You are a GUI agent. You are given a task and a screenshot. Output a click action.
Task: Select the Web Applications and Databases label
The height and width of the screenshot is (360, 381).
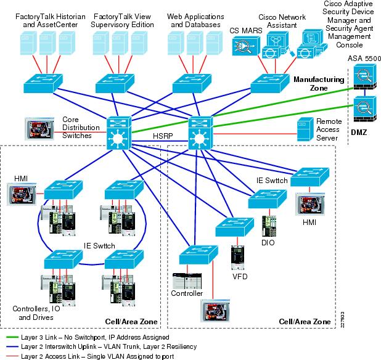click(194, 20)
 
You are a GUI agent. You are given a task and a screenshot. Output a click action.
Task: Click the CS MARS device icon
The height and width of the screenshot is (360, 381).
click(245, 46)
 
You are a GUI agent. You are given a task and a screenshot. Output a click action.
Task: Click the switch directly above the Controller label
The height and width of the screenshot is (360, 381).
click(190, 256)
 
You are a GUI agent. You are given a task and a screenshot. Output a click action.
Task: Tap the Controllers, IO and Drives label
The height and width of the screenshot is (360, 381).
click(34, 313)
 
